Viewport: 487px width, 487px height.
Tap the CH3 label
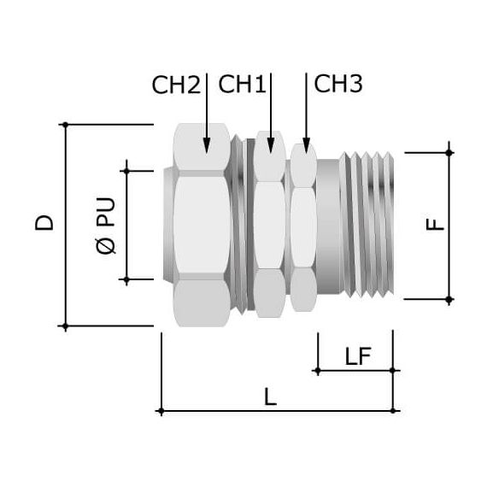pos(338,84)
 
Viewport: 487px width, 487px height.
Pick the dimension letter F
pos(435,225)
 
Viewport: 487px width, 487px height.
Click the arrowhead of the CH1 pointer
pos(270,146)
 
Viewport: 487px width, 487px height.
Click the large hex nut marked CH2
pos(202,226)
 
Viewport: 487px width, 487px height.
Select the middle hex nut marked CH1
pos(270,226)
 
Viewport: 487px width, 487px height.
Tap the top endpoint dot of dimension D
pos(66,125)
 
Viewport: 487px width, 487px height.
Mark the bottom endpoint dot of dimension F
pos(449,299)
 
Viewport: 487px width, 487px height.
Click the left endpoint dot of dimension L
pos(161,411)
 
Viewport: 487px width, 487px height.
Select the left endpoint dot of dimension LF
pos(316,370)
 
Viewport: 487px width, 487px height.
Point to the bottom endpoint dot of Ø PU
pos(126,279)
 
